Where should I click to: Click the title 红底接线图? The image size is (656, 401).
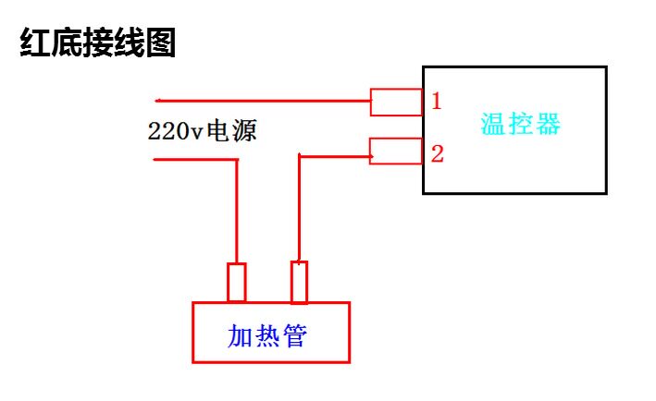click(x=97, y=43)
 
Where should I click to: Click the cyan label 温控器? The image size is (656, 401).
click(x=520, y=124)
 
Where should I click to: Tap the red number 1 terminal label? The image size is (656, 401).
click(x=437, y=101)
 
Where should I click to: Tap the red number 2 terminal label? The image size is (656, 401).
click(x=438, y=153)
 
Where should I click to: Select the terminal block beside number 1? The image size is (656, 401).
click(x=396, y=102)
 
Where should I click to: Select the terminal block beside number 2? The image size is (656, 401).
click(x=396, y=152)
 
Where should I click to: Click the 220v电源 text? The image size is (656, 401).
click(x=202, y=131)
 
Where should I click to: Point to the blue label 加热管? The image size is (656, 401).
click(x=266, y=335)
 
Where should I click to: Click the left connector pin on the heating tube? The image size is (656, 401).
click(x=236, y=282)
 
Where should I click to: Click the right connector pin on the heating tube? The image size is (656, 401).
click(x=299, y=282)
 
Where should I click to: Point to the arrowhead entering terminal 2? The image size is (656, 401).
click(x=372, y=157)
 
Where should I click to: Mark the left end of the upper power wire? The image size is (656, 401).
click(x=155, y=101)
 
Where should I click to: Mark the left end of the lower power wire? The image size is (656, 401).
click(x=155, y=160)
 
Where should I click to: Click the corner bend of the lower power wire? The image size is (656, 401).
click(x=237, y=160)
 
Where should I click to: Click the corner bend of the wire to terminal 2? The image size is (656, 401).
click(x=300, y=157)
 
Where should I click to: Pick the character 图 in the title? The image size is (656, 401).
click(x=161, y=43)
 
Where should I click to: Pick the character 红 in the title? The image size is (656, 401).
click(x=35, y=43)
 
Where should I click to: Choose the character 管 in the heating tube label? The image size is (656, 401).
click(x=295, y=335)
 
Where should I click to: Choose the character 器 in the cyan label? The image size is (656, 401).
click(x=548, y=124)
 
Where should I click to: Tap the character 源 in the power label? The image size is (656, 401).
click(x=245, y=131)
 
